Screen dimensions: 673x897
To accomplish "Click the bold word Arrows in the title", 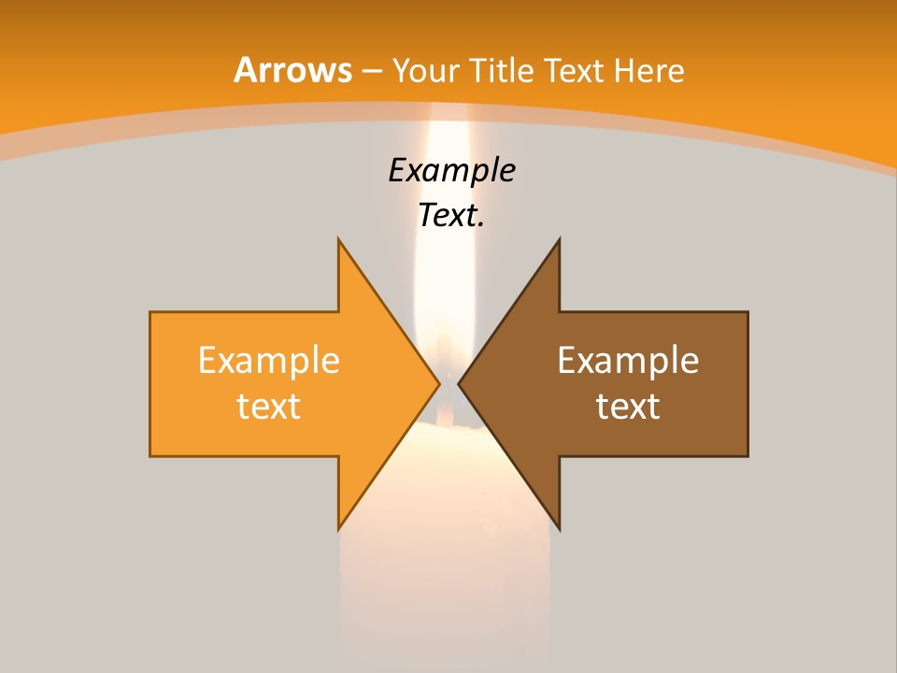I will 292,70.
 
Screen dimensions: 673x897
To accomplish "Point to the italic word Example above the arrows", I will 451,171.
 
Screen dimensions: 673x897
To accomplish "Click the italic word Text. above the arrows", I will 451,216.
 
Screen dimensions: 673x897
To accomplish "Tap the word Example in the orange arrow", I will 268,361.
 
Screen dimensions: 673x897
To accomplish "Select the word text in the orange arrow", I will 268,407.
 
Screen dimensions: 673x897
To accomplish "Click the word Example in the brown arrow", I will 628,361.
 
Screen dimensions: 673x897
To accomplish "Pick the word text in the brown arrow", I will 628,407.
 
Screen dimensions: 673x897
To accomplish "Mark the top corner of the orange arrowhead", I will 339,241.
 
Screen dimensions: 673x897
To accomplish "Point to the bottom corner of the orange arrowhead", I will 339,527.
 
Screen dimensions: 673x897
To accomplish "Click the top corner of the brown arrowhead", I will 559,241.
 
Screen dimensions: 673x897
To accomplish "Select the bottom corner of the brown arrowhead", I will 559,527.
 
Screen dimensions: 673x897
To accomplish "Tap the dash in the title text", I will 372,72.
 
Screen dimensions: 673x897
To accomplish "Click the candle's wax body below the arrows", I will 447,580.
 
